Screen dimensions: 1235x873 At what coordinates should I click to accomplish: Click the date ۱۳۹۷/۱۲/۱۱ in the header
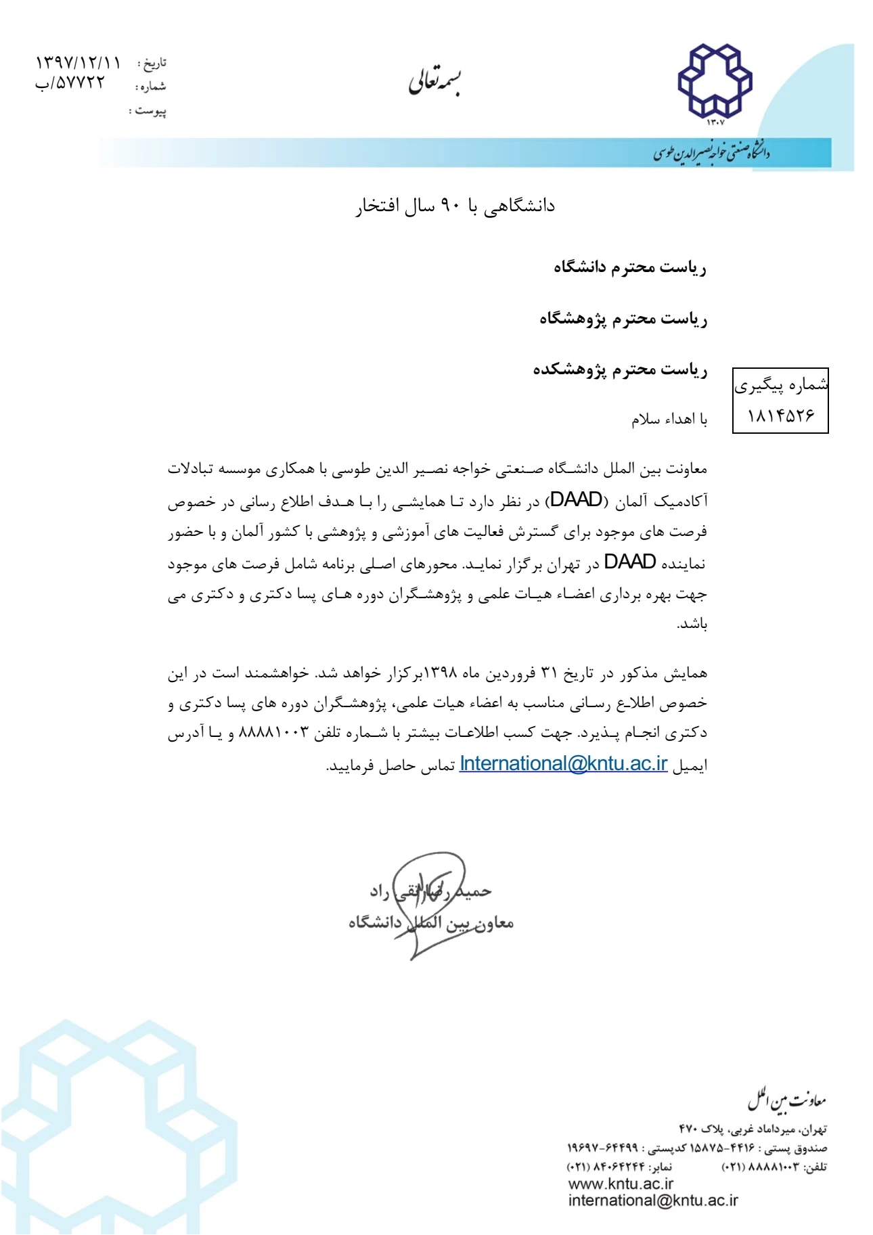tap(78, 64)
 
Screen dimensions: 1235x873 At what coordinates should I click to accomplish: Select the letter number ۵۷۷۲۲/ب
tap(70, 83)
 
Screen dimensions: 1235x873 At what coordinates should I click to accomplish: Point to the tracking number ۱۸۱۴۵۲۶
tap(780, 416)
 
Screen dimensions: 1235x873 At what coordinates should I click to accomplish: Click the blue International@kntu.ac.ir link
tap(563, 764)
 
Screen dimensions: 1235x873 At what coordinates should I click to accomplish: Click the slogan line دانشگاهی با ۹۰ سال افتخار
tap(455, 206)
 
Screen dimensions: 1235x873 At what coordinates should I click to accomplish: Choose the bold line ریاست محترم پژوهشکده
tap(620, 369)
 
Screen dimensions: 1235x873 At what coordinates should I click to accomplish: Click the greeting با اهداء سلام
tap(669, 420)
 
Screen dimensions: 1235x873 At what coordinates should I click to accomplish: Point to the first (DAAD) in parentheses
tap(577, 501)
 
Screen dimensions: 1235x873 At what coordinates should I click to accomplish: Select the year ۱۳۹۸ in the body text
tap(441, 674)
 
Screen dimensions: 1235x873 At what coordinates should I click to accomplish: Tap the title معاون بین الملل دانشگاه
tap(431, 922)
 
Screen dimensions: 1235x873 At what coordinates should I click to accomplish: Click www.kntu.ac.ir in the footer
tap(621, 1184)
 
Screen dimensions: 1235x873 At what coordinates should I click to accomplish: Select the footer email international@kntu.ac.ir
tap(652, 1200)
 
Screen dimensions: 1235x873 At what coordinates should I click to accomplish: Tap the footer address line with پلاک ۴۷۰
tap(753, 1129)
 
